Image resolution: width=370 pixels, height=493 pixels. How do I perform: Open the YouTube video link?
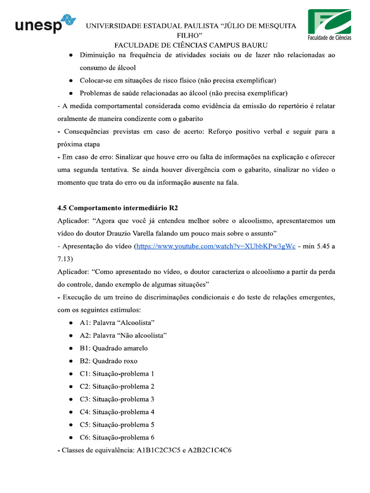pyautogui.click(x=216, y=246)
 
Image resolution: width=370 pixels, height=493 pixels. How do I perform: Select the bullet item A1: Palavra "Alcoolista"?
pyautogui.click(x=117, y=323)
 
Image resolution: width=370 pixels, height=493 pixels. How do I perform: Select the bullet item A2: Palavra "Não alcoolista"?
pyautogui.click(x=123, y=335)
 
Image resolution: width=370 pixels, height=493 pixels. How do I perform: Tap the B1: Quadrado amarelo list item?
pyautogui.click(x=114, y=348)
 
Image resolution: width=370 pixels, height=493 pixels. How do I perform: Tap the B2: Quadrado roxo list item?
pyautogui.click(x=108, y=361)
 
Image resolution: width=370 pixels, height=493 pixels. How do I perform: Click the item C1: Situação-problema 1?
pyautogui.click(x=117, y=374)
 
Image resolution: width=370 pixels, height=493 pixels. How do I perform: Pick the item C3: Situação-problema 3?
pyautogui.click(x=117, y=399)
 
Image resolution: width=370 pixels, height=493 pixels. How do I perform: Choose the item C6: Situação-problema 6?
pyautogui.click(x=117, y=438)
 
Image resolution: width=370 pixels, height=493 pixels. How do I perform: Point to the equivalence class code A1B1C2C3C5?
pyautogui.click(x=159, y=451)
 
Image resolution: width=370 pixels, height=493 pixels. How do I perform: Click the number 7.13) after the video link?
pyautogui.click(x=65, y=259)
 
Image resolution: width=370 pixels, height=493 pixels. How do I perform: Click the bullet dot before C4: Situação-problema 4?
pyautogui.click(x=71, y=412)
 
